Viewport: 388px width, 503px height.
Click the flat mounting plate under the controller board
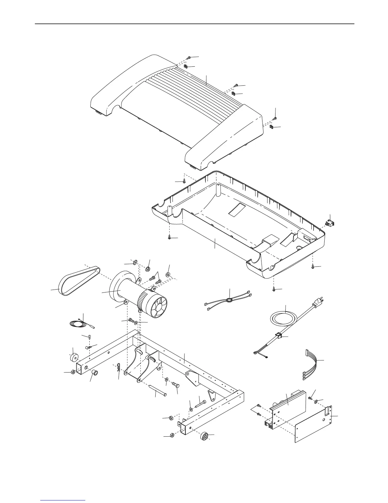(x=314, y=426)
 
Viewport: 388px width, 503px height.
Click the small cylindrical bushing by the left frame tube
(x=94, y=372)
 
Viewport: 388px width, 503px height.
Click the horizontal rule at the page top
(x=194, y=24)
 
